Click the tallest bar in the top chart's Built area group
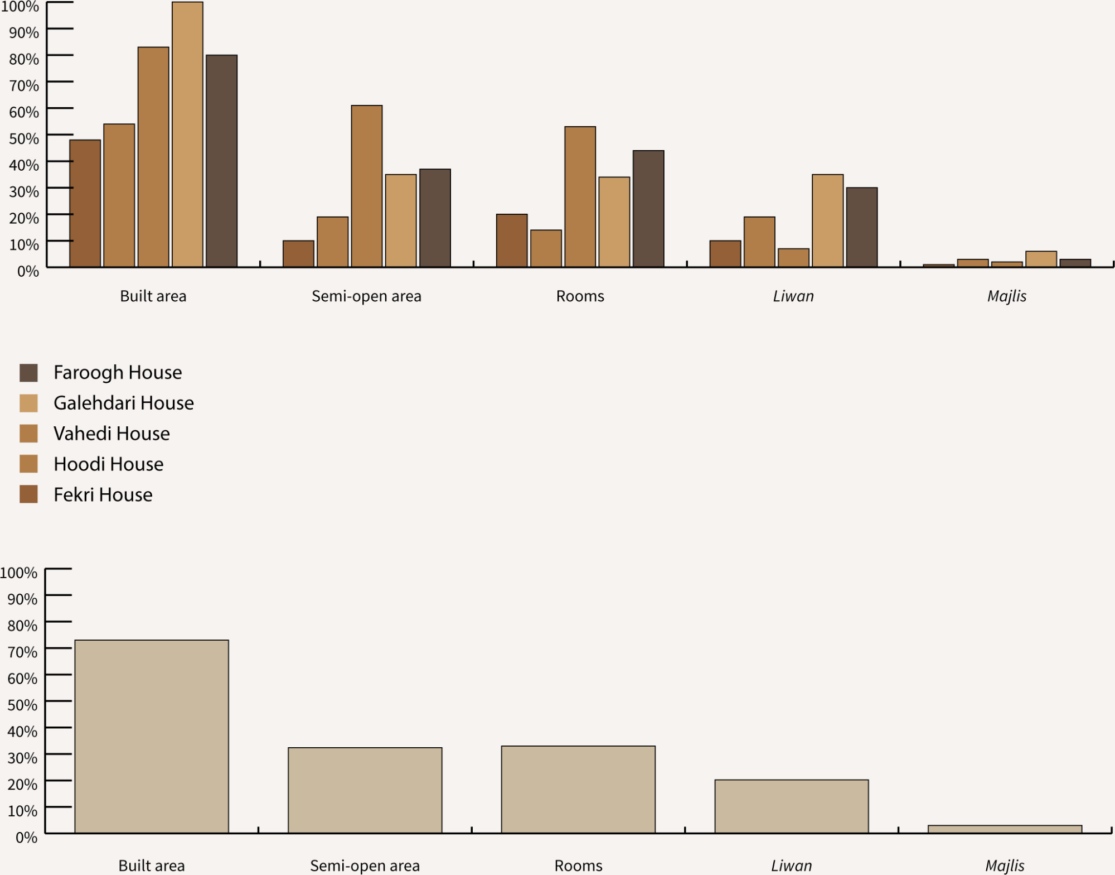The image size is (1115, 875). [x=187, y=134]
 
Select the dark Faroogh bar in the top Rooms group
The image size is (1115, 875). [x=648, y=209]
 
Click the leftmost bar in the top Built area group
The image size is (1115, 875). [x=85, y=203]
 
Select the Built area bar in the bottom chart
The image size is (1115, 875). [x=152, y=737]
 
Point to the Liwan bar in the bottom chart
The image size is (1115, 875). [x=792, y=806]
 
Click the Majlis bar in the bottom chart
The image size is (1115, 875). [x=1005, y=829]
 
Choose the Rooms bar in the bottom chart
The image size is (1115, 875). [x=578, y=790]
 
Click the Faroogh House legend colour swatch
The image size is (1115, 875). [x=28, y=373]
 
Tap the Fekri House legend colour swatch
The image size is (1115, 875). [x=28, y=494]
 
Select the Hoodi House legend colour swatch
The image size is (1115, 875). [x=28, y=464]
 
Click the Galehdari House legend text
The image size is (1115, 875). [x=124, y=403]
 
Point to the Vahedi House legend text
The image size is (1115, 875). [x=111, y=434]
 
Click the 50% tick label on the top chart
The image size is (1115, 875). [x=24, y=138]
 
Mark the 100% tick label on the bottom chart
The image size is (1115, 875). [x=19, y=573]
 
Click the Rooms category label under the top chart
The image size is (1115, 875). [x=580, y=296]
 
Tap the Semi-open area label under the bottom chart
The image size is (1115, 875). [x=365, y=866]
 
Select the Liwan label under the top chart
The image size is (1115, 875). [x=793, y=296]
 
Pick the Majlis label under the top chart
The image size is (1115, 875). [x=1007, y=296]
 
